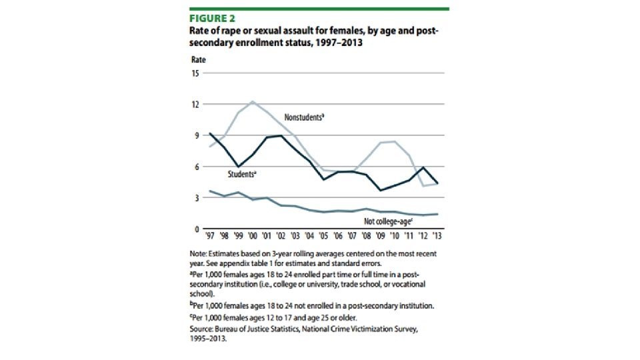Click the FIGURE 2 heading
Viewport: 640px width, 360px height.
[212, 19]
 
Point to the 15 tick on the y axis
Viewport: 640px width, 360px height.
[195, 73]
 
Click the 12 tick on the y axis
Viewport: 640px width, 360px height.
[195, 105]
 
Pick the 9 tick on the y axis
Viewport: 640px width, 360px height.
[197, 135]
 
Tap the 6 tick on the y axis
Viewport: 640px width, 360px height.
[197, 167]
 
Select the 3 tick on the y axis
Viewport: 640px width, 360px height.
[197, 198]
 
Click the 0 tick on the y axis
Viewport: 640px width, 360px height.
[197, 229]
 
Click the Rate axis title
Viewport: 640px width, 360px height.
[199, 59]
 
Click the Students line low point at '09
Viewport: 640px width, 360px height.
[380, 191]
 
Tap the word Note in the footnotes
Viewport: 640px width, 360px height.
[199, 254]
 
